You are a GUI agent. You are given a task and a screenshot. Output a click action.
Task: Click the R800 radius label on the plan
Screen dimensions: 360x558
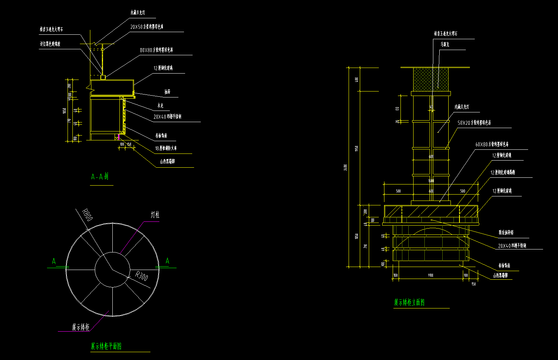pyautogui.click(x=87, y=215)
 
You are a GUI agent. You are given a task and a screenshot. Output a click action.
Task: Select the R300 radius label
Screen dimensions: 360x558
pyautogui.click(x=141, y=276)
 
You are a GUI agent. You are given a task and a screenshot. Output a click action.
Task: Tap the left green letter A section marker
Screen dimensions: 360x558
pyautogui.click(x=54, y=261)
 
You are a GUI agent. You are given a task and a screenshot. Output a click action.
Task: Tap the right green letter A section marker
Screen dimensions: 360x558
pyautogui.click(x=167, y=261)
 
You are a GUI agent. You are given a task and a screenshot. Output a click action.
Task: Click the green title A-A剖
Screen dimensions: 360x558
pyautogui.click(x=100, y=177)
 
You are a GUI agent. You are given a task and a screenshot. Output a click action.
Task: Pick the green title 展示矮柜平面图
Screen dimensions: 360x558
pyautogui.click(x=106, y=346)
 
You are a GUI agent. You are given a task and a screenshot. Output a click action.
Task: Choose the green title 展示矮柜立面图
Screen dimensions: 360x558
pyautogui.click(x=409, y=302)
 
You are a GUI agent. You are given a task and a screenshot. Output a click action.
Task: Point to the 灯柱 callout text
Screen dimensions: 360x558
pyautogui.click(x=155, y=215)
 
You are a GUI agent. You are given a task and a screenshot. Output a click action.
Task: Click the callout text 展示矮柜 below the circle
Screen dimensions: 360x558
pyautogui.click(x=81, y=328)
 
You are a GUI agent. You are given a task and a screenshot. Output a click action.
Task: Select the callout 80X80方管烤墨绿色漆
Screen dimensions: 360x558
pyautogui.click(x=156, y=50)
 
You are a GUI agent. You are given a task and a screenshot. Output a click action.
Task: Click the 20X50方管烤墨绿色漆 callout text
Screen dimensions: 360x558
pyautogui.click(x=147, y=27)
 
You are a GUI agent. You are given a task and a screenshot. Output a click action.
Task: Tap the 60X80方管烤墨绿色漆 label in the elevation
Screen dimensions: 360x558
pyautogui.click(x=492, y=145)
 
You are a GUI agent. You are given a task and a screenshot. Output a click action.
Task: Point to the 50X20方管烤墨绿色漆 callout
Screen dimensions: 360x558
pyautogui.click(x=474, y=123)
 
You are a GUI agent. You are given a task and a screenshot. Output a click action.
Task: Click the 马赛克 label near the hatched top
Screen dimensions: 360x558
pyautogui.click(x=445, y=44)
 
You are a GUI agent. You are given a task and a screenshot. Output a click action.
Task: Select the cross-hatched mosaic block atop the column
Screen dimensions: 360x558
pyautogui.click(x=431, y=79)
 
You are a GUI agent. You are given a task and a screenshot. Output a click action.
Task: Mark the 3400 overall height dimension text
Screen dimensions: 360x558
pyautogui.click(x=345, y=168)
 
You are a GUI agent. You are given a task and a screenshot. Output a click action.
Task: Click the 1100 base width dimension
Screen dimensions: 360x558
pyautogui.click(x=430, y=275)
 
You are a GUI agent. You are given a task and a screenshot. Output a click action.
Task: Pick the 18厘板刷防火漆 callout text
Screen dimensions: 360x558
pyautogui.click(x=166, y=149)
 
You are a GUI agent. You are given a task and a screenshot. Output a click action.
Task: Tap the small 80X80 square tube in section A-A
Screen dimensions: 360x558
pyautogui.click(x=103, y=77)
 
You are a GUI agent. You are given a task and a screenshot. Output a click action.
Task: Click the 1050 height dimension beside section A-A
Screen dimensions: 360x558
pyautogui.click(x=65, y=111)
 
